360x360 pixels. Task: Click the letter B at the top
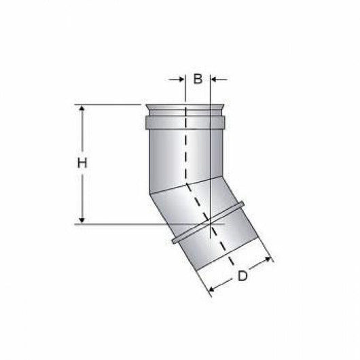[x=198, y=79]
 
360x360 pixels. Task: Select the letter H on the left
[x=81, y=163]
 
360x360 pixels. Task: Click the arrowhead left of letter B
[x=181, y=79]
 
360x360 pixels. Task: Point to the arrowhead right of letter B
[x=215, y=79]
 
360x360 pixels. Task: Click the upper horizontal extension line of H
[x=109, y=105]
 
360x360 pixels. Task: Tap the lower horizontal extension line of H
[x=136, y=223]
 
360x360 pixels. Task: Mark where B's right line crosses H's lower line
[x=211, y=223]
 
